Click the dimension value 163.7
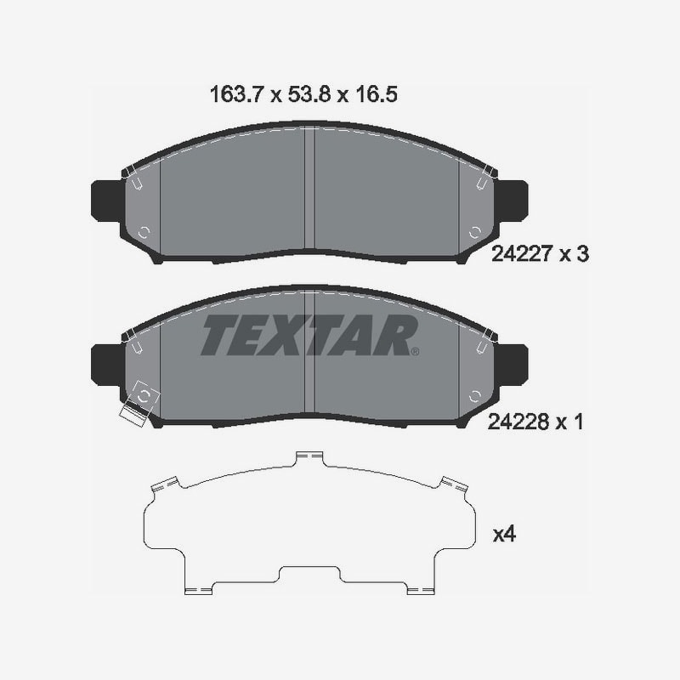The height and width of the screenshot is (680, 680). [x=236, y=94]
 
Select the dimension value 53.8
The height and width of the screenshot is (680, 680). [x=310, y=94]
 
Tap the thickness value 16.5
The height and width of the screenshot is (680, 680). [x=376, y=94]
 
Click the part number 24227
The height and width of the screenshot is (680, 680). [x=522, y=253]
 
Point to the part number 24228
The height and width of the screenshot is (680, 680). [x=518, y=422]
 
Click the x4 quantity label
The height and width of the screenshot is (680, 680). [x=504, y=535]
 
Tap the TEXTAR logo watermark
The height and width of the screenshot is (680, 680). [x=309, y=335]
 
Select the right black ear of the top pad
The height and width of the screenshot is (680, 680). [x=513, y=201]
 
